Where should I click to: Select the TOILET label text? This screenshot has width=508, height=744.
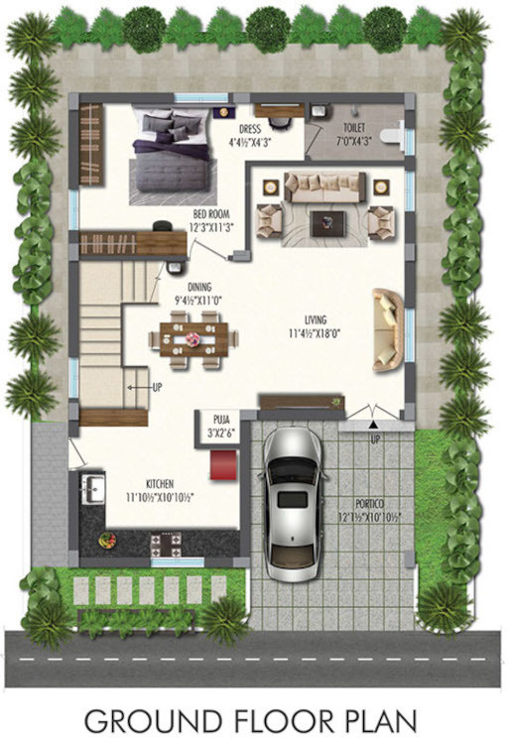point(357,128)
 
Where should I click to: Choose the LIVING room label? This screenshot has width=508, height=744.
point(317,318)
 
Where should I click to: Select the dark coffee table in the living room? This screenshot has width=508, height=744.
point(327,223)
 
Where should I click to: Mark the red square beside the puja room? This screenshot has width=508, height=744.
point(224,463)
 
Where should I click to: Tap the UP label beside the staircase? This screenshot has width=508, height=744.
point(157,387)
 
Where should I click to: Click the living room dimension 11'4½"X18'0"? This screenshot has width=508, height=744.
point(317,333)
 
